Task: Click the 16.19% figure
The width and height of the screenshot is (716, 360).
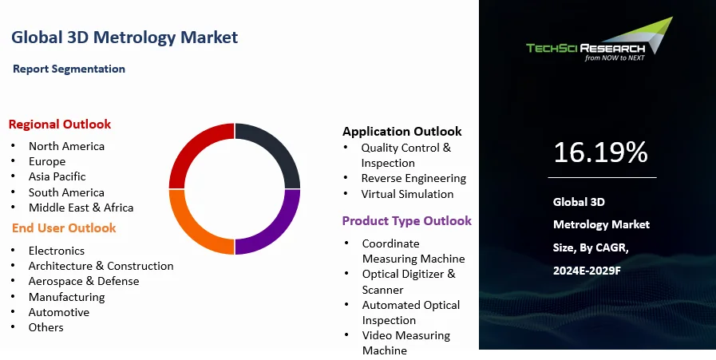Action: tap(600, 152)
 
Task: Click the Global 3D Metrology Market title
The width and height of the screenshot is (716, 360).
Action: tap(125, 38)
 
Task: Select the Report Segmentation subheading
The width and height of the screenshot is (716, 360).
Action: tap(69, 69)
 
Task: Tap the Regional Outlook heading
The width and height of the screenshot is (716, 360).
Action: tap(60, 125)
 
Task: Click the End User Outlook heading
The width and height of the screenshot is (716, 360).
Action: tap(64, 228)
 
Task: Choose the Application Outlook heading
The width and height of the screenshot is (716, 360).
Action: tap(402, 132)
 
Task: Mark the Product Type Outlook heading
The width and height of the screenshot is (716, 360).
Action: tap(407, 221)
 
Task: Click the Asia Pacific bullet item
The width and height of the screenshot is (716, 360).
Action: tap(57, 176)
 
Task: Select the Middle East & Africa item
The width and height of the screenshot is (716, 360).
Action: tap(81, 208)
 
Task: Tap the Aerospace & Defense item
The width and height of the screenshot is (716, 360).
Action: tap(84, 282)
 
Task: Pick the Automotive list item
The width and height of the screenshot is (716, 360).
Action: tap(59, 312)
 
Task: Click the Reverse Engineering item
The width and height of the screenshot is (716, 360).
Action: tap(413, 179)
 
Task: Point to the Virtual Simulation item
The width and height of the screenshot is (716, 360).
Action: tap(407, 194)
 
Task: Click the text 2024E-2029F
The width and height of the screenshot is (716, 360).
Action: tap(587, 271)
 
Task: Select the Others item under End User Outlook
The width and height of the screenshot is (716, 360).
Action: tap(46, 327)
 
